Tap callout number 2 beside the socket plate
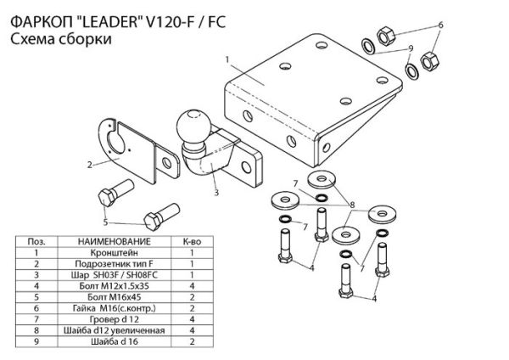[88, 161]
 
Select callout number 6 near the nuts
[439, 27]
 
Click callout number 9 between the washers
[410, 48]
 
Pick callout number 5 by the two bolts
[107, 222]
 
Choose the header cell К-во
[193, 242]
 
